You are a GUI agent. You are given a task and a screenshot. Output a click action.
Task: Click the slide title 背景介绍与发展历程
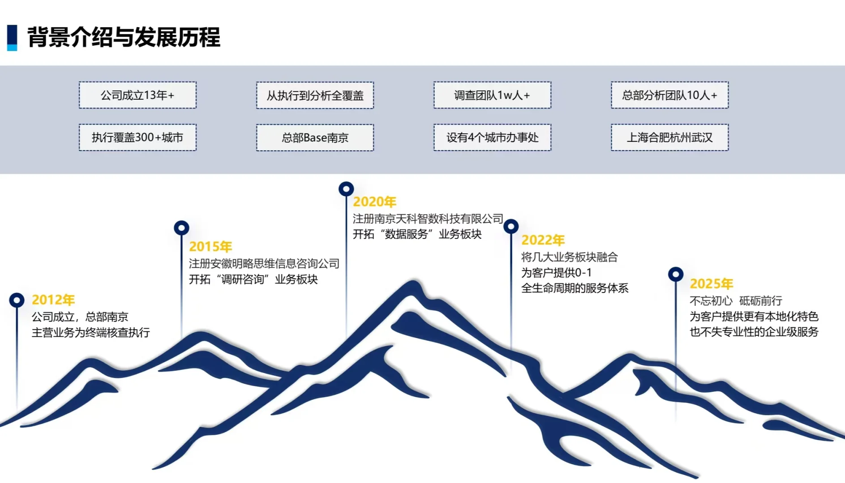[124, 37]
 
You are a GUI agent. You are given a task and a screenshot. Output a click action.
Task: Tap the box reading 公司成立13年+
[137, 95]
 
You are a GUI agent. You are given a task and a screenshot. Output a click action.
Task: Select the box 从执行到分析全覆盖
[315, 95]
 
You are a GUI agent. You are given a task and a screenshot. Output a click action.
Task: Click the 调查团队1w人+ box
[492, 95]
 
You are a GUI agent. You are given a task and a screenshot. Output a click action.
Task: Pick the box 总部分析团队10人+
[669, 95]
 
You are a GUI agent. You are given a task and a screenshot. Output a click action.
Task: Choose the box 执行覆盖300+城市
[137, 137]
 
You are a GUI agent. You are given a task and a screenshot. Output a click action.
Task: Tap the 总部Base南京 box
[315, 138]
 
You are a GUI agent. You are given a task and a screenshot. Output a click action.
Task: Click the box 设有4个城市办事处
[492, 137]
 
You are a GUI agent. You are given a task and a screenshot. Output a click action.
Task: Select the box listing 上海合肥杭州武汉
[669, 137]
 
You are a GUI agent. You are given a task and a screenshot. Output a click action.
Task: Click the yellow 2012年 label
[53, 300]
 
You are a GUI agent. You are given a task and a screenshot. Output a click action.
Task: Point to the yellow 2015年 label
[210, 246]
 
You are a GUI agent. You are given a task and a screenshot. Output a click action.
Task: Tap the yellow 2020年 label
[375, 202]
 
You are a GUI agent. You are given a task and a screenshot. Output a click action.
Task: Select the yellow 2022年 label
[543, 240]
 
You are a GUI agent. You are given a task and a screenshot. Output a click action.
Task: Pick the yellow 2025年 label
[712, 284]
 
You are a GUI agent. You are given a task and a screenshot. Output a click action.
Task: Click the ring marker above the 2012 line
[17, 300]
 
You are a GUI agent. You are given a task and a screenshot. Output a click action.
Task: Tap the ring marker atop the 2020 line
[346, 189]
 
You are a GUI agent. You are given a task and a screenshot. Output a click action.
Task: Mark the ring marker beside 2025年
[676, 274]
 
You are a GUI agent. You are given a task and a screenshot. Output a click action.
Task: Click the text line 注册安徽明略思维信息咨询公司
[264, 263]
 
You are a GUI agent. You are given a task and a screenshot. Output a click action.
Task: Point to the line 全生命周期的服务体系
[575, 288]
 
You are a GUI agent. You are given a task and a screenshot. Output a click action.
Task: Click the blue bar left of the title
[12, 38]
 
